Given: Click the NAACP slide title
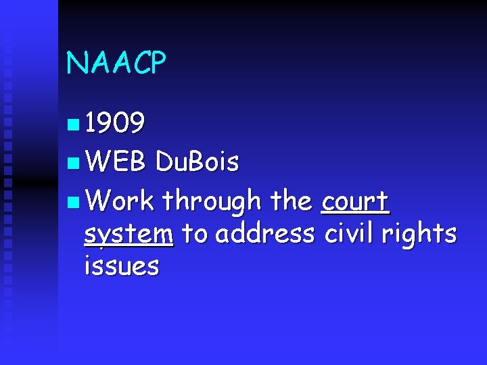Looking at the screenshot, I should [x=116, y=63].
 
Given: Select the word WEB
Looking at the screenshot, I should [x=116, y=162].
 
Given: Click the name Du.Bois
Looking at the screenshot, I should [x=197, y=162].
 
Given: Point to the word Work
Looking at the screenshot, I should [x=120, y=201].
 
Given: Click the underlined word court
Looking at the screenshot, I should [x=355, y=201].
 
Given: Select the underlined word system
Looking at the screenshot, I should [x=129, y=235].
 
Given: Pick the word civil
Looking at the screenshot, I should [x=349, y=233].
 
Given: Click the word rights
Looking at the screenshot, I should [x=419, y=234].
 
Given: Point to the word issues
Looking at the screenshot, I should [x=122, y=266].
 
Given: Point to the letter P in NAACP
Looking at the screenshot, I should [x=156, y=63].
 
